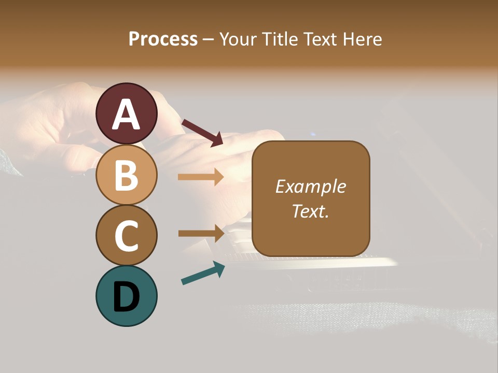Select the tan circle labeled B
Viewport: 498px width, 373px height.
point(126,175)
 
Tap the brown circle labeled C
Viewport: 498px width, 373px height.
point(126,235)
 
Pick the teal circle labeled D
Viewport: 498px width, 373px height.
point(126,296)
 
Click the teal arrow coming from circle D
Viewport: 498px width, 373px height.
point(203,273)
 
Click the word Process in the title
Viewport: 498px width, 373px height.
point(163,39)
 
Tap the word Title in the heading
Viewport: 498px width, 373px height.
point(280,39)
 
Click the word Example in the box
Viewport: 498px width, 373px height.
point(310,187)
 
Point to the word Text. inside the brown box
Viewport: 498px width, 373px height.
point(310,211)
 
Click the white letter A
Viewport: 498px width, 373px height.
point(126,115)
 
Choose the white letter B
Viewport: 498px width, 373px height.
point(126,176)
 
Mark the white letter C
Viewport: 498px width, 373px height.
point(126,236)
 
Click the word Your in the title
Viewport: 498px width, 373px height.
point(239,39)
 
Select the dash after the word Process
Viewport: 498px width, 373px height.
point(209,39)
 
